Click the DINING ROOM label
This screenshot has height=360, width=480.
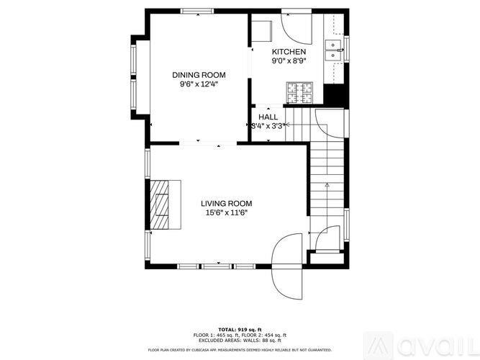pos(199,75)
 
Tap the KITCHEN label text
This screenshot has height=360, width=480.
pos(289,53)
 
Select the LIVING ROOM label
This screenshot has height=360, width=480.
pos(226,204)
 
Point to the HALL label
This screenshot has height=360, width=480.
pos(268,117)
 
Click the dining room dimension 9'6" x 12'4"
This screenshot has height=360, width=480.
pos(199,84)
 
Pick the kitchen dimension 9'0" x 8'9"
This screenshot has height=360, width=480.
pos(289,62)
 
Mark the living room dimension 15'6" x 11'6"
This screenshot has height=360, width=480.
pos(226,213)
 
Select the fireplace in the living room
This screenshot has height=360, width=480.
pos(164,205)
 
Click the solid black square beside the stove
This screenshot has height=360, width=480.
pos(334,94)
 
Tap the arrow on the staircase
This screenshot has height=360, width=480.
pos(327,186)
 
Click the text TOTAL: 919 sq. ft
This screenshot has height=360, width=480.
pos(240,329)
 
